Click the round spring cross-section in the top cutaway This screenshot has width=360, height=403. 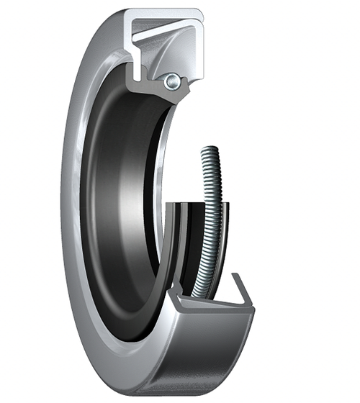172,82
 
